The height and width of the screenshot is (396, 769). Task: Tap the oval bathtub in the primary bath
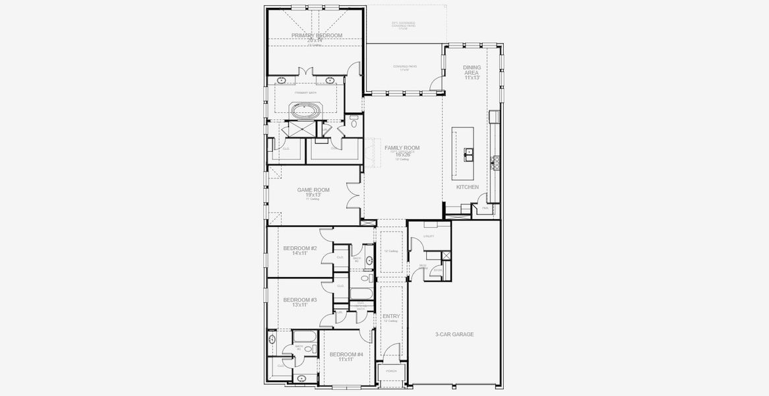305,110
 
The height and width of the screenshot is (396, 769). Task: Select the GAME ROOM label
313,189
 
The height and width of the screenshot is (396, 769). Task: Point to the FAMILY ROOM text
402,148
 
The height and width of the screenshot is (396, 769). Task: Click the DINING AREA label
472,67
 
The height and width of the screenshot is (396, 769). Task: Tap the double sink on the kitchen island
469,155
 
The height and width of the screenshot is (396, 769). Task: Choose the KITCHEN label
468,187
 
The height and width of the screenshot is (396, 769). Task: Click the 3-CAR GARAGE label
454,334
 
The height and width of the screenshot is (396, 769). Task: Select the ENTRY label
391,316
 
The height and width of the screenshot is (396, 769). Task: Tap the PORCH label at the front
391,371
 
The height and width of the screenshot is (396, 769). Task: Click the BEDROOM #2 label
300,247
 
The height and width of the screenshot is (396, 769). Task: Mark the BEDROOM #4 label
346,354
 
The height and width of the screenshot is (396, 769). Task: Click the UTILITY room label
429,236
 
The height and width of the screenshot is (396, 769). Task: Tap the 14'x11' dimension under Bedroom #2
300,253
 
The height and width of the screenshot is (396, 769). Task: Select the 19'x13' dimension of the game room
313,195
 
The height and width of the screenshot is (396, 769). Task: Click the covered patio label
404,67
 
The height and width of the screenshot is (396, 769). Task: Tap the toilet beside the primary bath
354,122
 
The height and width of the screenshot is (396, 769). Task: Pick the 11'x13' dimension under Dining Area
472,77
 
